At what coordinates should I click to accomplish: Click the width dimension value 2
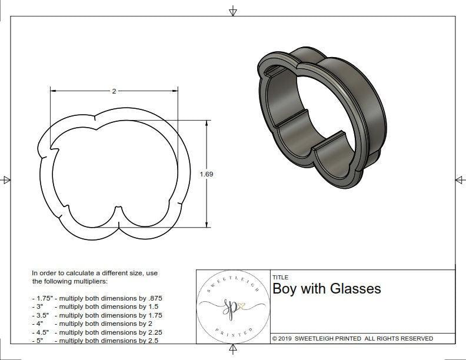[x=114, y=91]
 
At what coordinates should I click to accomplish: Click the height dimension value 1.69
[x=207, y=174]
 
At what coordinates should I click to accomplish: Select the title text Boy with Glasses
[x=327, y=289]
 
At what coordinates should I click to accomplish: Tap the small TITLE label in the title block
[x=280, y=277]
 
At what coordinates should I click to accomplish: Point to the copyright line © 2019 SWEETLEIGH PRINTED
[x=352, y=338]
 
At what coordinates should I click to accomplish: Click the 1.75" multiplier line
[x=97, y=298]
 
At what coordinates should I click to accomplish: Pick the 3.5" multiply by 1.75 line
[x=97, y=315]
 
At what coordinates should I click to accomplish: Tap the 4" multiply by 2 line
[x=92, y=324]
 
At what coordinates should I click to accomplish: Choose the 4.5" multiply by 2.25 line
[x=97, y=332]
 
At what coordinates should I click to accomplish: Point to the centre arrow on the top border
[x=233, y=11]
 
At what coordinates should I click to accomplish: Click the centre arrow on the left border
[x=6, y=179]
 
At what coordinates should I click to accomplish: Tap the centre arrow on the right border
[x=460, y=179]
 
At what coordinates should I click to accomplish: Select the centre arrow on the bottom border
[x=233, y=349]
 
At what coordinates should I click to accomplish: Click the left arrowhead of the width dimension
[x=52, y=91]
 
